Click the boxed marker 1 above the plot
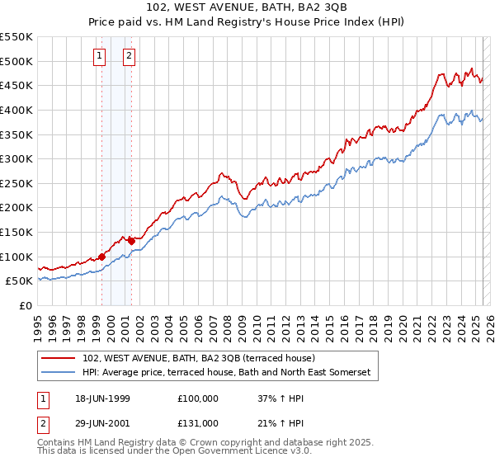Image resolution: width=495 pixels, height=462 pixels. [x=100, y=56]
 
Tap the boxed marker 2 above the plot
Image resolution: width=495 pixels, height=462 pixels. [x=130, y=56]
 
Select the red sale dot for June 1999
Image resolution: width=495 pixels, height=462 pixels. [x=101, y=257]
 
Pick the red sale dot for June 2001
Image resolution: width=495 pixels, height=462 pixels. [x=131, y=241]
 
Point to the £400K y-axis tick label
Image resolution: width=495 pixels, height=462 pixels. [x=16, y=110]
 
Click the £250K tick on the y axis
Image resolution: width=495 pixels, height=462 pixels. [x=16, y=183]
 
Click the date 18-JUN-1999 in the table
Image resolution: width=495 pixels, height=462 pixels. [x=102, y=398]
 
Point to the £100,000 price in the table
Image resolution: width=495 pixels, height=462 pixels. [x=198, y=398]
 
